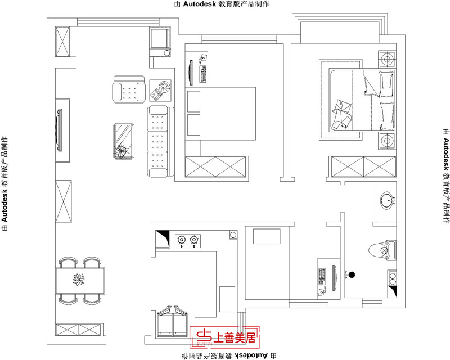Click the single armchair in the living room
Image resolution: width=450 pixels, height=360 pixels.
[x=129, y=90]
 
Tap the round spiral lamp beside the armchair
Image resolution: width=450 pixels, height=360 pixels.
[x=164, y=88]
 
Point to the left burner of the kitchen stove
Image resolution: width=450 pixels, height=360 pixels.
[x=182, y=241]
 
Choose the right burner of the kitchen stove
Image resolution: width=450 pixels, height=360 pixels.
[x=195, y=241]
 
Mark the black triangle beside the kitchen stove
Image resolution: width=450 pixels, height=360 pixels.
[x=163, y=234]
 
